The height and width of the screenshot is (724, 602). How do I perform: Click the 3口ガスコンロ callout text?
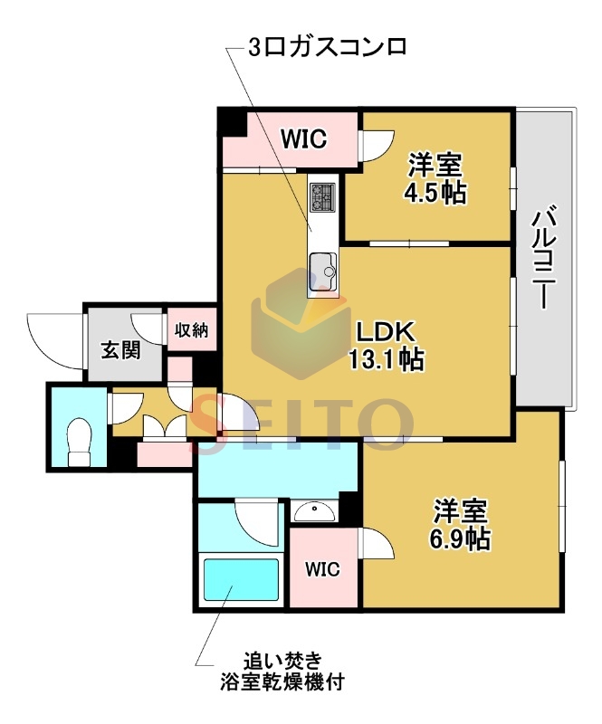point(328,47)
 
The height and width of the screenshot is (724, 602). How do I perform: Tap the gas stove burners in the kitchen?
point(323,197)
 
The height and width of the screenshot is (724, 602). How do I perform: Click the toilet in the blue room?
point(80,443)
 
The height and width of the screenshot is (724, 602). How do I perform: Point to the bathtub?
point(242,579)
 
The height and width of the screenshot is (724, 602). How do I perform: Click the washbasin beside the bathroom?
point(314,511)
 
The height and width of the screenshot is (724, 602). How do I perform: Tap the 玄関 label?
point(120,350)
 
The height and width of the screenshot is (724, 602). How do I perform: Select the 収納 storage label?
point(191,329)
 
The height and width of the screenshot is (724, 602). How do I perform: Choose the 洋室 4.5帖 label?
point(435,179)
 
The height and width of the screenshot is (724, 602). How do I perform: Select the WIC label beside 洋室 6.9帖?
point(322,569)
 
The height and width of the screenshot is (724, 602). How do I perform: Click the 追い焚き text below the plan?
point(282,662)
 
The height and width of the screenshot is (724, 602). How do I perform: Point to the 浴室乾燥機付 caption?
point(282,681)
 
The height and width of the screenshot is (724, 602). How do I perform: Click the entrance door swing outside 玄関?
point(55,341)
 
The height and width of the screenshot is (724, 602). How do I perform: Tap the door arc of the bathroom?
point(256,523)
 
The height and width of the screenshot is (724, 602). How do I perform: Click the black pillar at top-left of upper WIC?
point(233,121)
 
